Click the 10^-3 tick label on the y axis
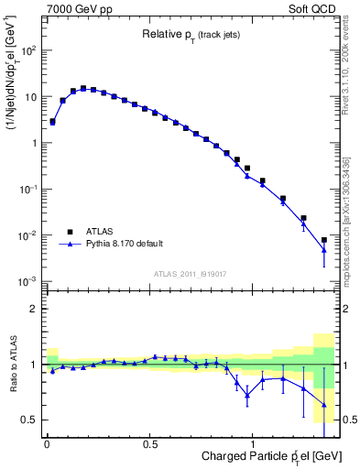click(x=26, y=282)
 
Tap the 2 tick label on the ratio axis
click(x=34, y=309)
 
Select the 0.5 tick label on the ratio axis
click(x=30, y=420)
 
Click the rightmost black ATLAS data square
click(x=323, y=240)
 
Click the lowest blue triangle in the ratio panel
click(x=323, y=404)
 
